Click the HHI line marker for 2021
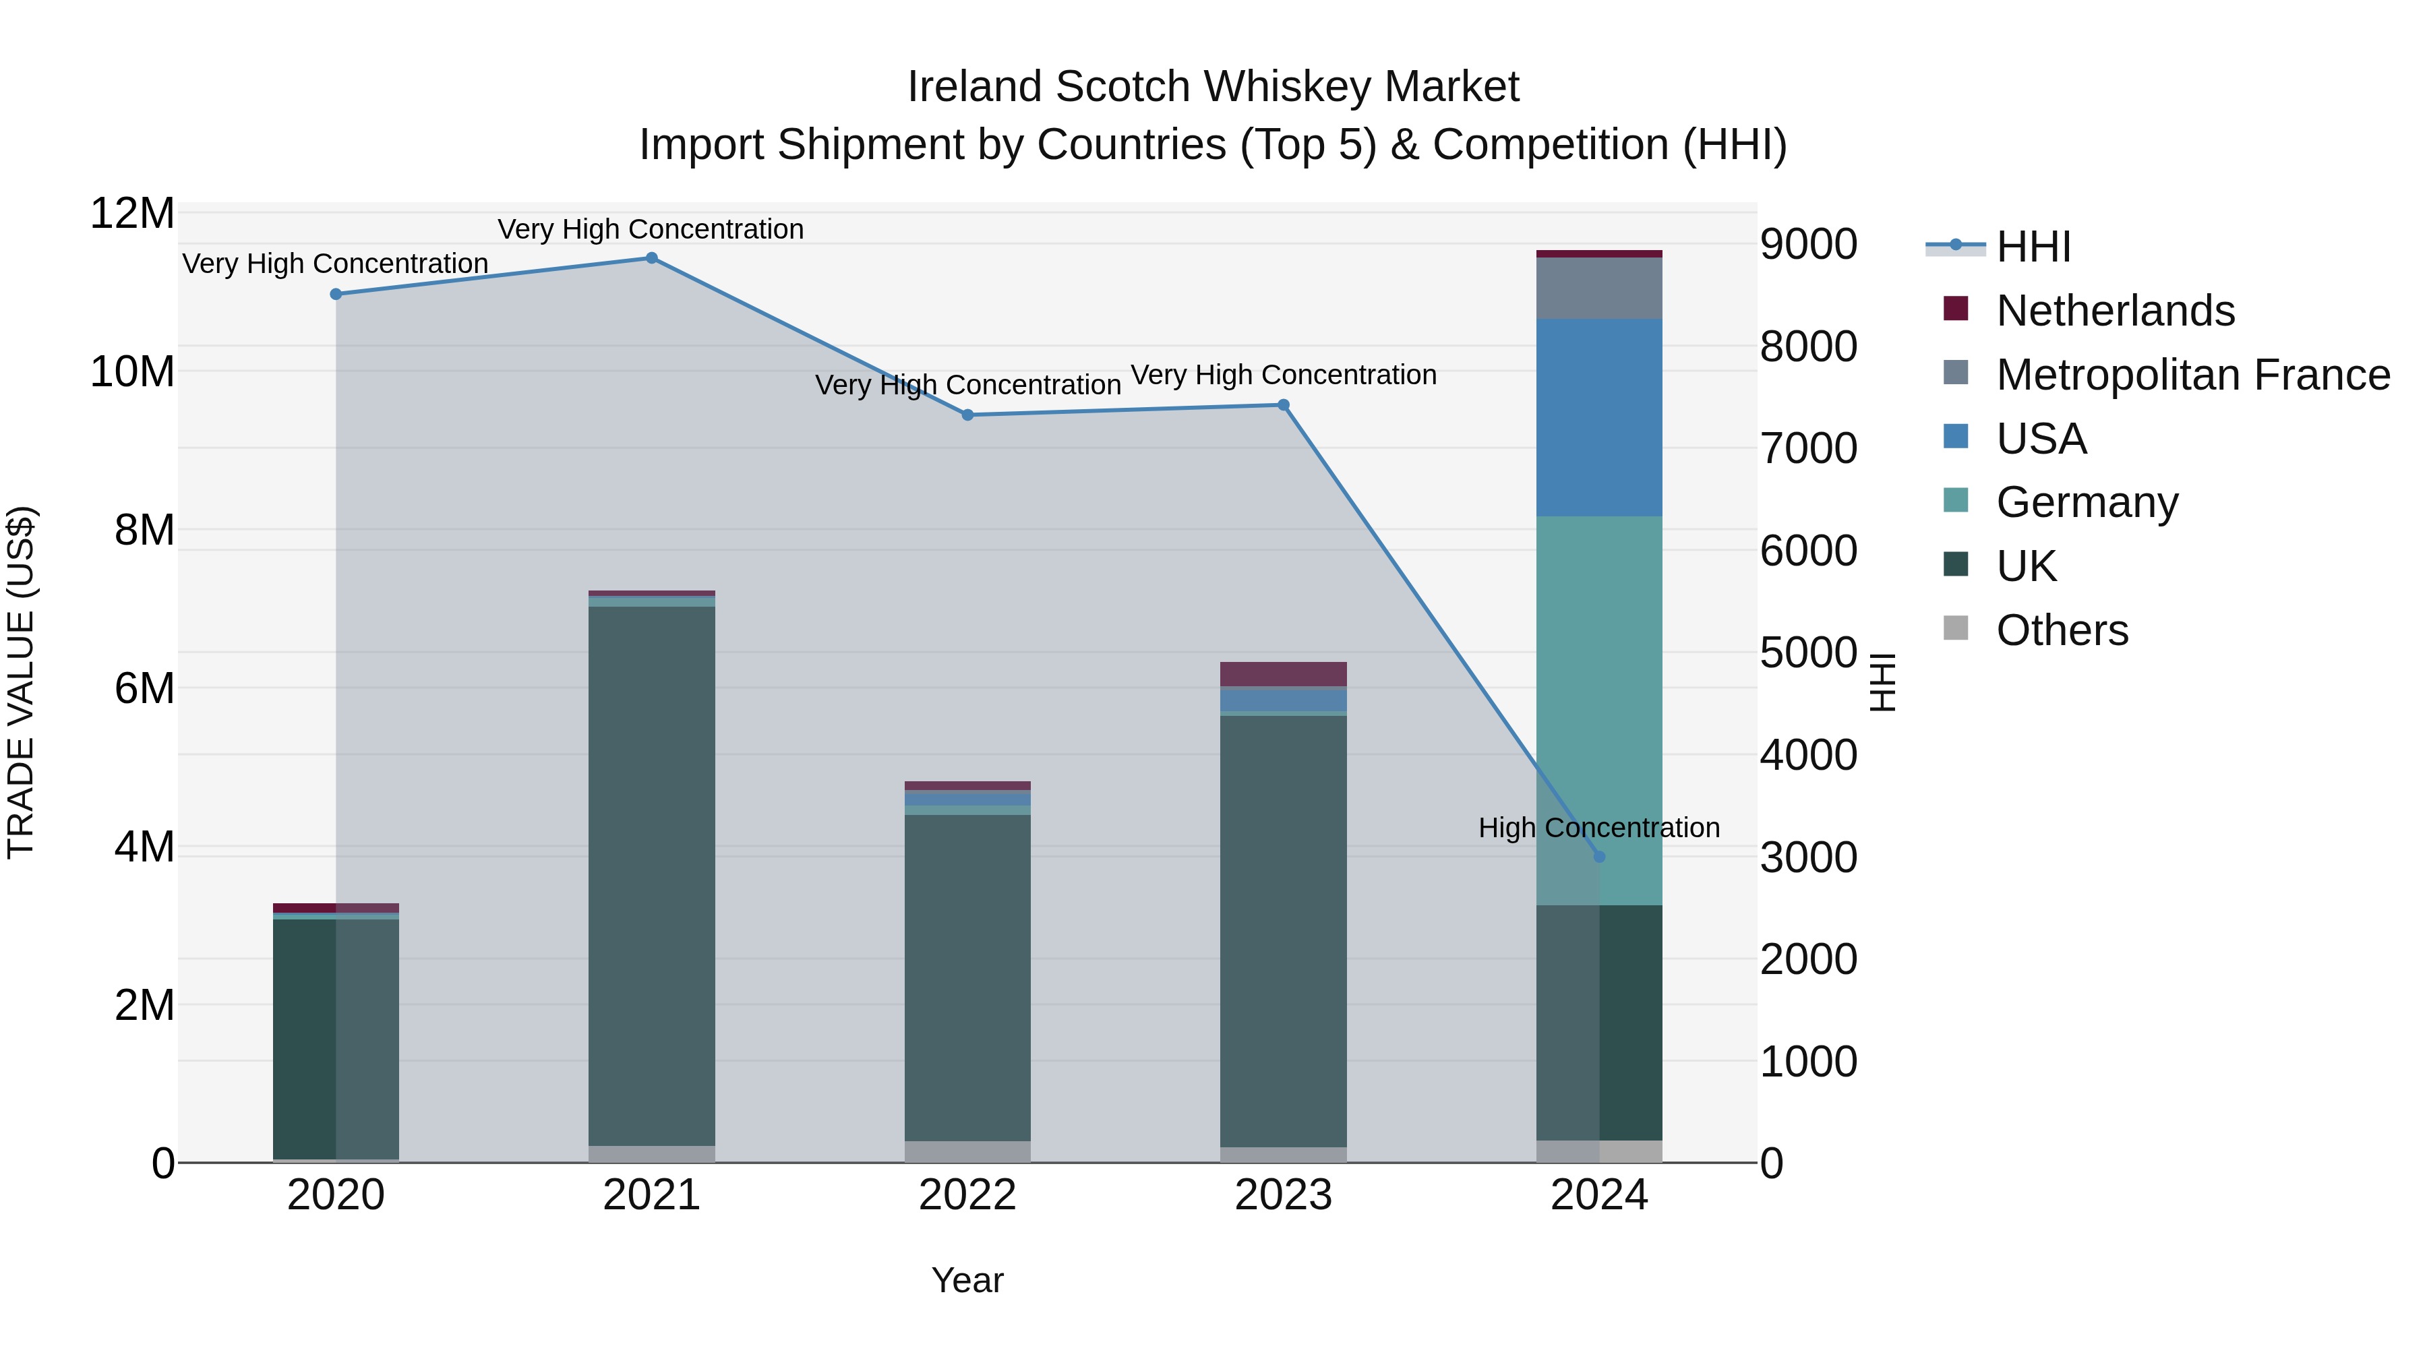click(x=651, y=258)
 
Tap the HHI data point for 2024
click(x=1599, y=856)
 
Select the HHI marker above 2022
click(x=967, y=415)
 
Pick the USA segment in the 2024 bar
click(x=1599, y=417)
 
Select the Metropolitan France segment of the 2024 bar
click(x=1599, y=289)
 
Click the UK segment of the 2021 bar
click(x=651, y=876)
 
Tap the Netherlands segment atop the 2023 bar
click(x=1283, y=673)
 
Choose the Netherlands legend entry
click(x=2115, y=311)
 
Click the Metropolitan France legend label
click(x=2193, y=375)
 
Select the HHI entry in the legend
click(x=2033, y=247)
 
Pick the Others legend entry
click(x=2062, y=630)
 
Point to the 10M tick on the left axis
click(x=132, y=372)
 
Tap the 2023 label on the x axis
click(x=1283, y=1195)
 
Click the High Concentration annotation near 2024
click(x=1599, y=827)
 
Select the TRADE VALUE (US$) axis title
click(x=22, y=682)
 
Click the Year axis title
click(x=967, y=1280)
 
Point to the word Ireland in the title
click(x=975, y=87)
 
